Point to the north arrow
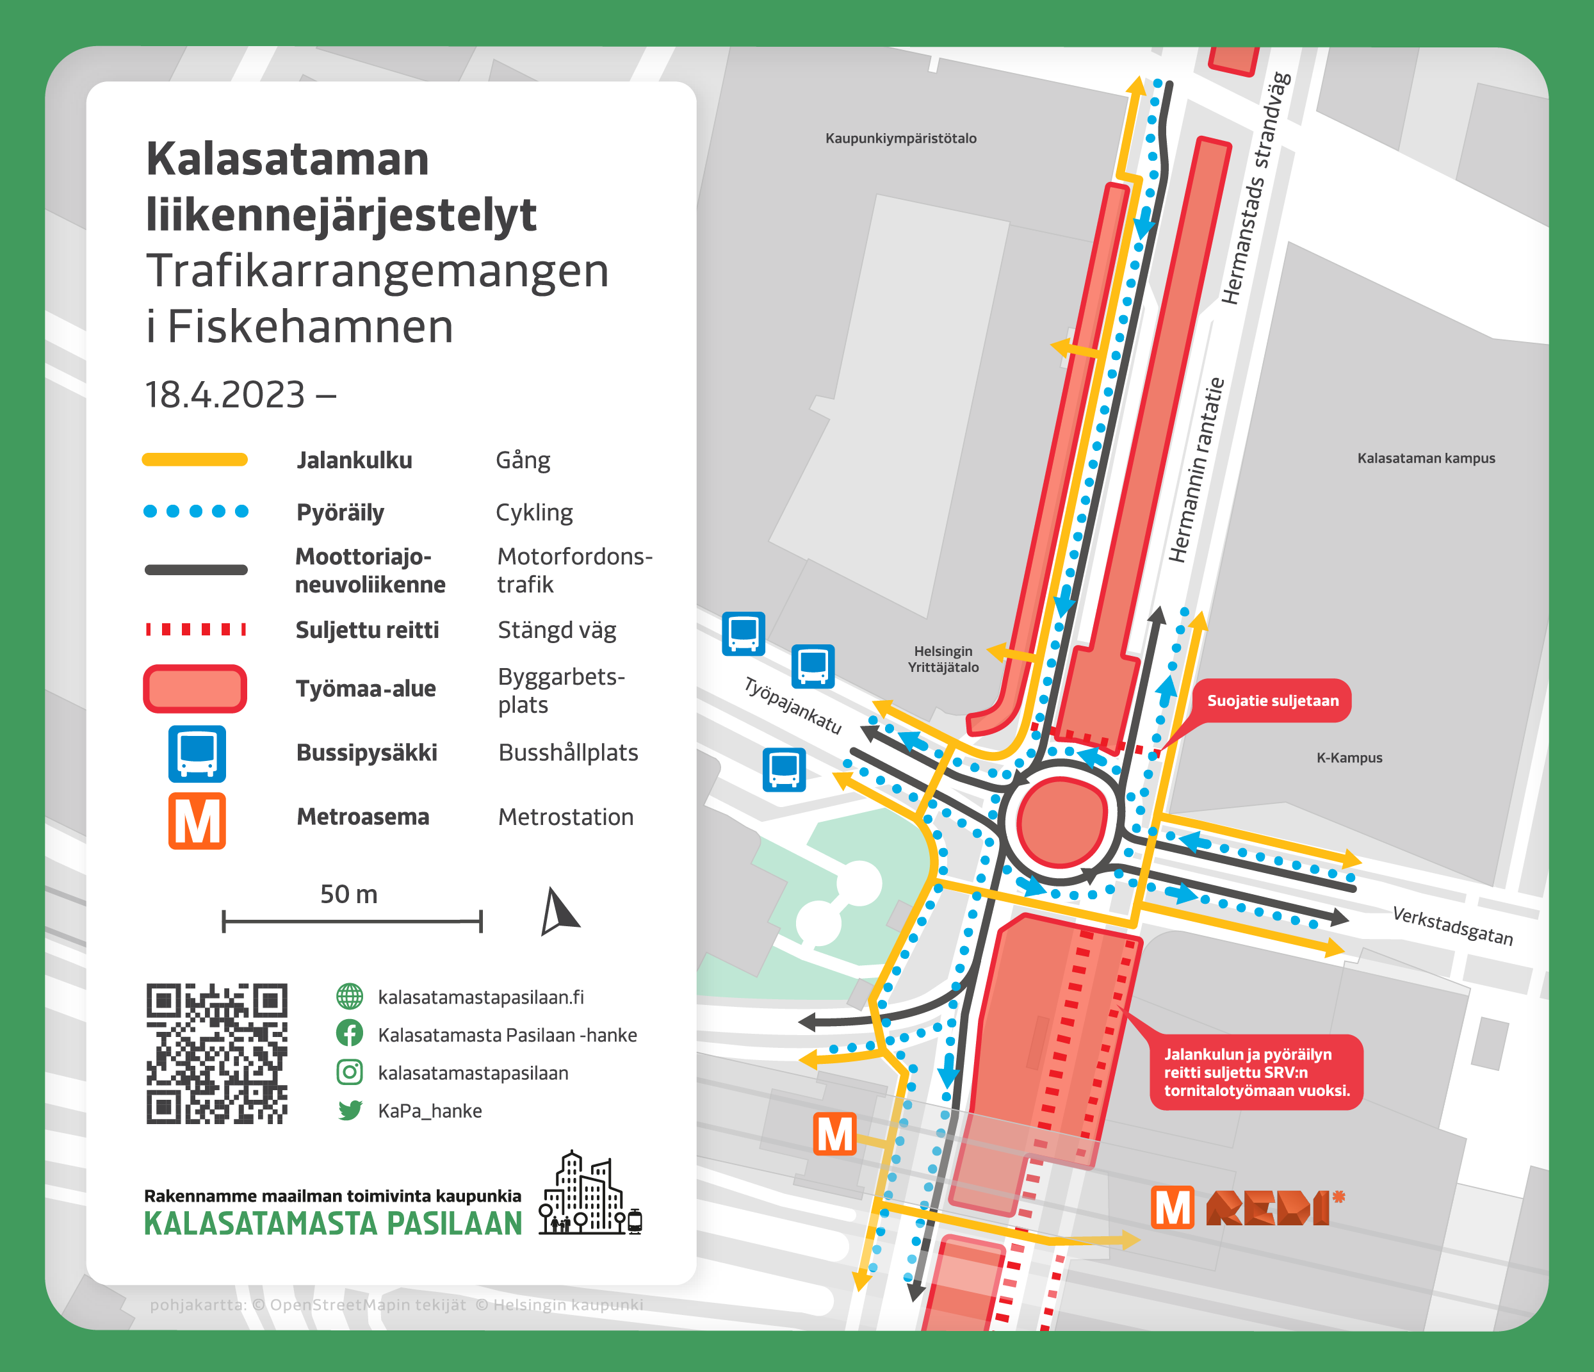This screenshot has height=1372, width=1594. click(x=558, y=913)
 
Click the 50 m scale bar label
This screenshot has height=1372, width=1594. click(x=348, y=894)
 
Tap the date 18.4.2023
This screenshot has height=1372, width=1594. click(x=225, y=395)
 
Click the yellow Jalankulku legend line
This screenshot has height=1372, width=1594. click(x=195, y=460)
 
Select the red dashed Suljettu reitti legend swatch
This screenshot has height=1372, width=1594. click(x=195, y=630)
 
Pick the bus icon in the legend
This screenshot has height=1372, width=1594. click(x=197, y=753)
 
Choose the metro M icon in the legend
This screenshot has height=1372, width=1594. click(x=197, y=821)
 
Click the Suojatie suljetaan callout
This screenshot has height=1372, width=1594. click(x=1272, y=700)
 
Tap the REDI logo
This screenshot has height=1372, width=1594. click(x=1274, y=1208)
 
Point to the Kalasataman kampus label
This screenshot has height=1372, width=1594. click(x=1426, y=458)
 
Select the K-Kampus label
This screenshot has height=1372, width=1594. click(x=1349, y=757)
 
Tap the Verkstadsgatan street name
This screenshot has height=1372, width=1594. click(x=1452, y=926)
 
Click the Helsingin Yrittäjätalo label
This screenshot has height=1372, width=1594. click(x=943, y=660)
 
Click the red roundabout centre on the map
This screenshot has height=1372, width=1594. click(x=1062, y=821)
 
